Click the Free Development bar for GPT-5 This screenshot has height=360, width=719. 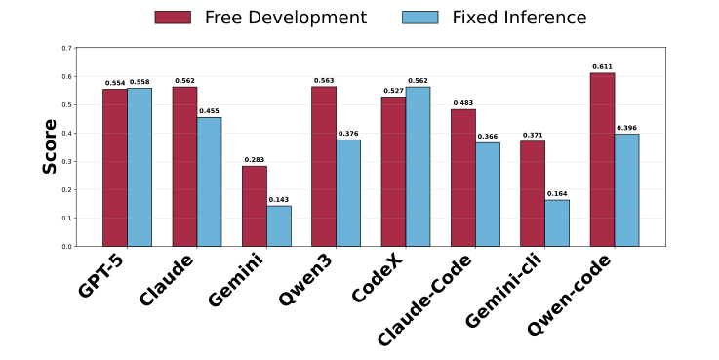(x=115, y=168)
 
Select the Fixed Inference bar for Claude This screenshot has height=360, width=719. (x=209, y=181)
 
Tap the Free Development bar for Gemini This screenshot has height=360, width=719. (x=255, y=206)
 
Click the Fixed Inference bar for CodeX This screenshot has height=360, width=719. (x=418, y=167)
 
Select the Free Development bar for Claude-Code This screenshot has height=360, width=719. (x=463, y=178)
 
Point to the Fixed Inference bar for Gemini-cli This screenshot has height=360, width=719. (x=557, y=222)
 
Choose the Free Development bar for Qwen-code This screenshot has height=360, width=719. (x=602, y=160)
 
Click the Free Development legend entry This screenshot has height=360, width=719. (x=260, y=18)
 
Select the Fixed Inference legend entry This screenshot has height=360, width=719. (x=499, y=18)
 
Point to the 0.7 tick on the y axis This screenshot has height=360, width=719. (x=66, y=48)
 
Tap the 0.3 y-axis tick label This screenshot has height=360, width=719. (x=66, y=161)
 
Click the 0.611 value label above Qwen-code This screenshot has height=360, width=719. (x=602, y=67)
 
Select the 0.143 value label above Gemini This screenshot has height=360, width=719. (x=279, y=200)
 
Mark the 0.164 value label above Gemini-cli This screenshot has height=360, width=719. (x=557, y=194)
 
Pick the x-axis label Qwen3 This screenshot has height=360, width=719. (x=307, y=281)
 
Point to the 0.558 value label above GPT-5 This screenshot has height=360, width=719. (x=140, y=82)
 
